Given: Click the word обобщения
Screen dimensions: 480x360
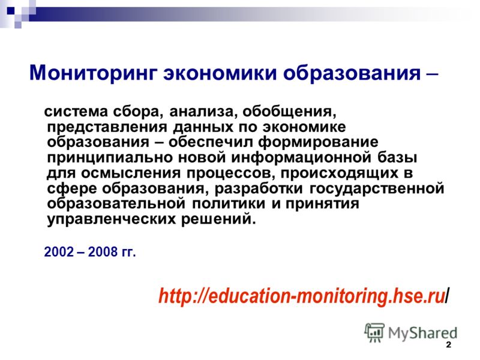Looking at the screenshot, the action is point(289,112).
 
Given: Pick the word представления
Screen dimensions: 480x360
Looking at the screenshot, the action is point(107,127).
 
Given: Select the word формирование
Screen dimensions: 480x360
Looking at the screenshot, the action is point(319,143).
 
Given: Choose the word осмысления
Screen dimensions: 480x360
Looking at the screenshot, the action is point(131,173).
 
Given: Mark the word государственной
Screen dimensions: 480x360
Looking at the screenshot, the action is point(377,188).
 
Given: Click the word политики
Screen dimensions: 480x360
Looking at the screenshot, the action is point(229,204).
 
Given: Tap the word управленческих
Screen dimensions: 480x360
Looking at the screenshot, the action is point(112,220).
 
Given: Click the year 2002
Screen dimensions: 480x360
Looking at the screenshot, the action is point(59,252).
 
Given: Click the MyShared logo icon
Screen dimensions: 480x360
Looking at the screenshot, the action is point(374,333).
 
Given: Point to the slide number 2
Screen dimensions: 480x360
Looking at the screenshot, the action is point(448,345).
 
